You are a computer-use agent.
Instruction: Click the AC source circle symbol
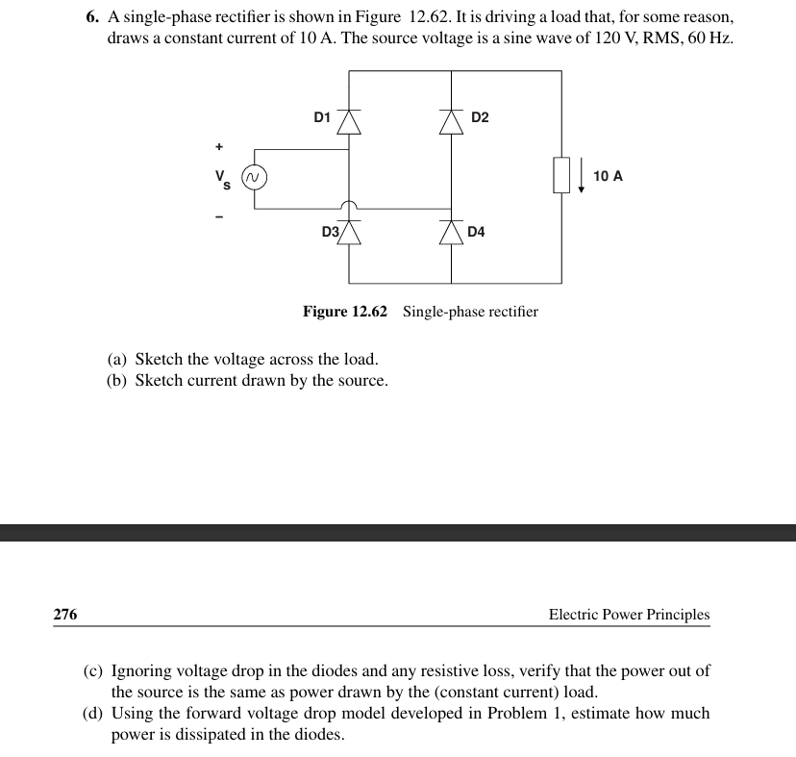(x=253, y=178)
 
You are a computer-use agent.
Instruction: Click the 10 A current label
(x=608, y=176)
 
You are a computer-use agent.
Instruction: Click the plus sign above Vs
(x=219, y=147)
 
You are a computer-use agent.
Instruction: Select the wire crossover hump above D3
(x=349, y=205)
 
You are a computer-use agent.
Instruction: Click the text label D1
(x=322, y=117)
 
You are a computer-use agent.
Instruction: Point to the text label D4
(x=476, y=232)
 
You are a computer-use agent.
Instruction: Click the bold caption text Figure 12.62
(x=345, y=312)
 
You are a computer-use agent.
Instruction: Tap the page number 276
(x=65, y=614)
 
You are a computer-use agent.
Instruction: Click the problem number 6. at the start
(x=92, y=17)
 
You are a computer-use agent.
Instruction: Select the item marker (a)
(x=117, y=360)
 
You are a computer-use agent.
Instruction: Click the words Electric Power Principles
(x=629, y=614)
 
